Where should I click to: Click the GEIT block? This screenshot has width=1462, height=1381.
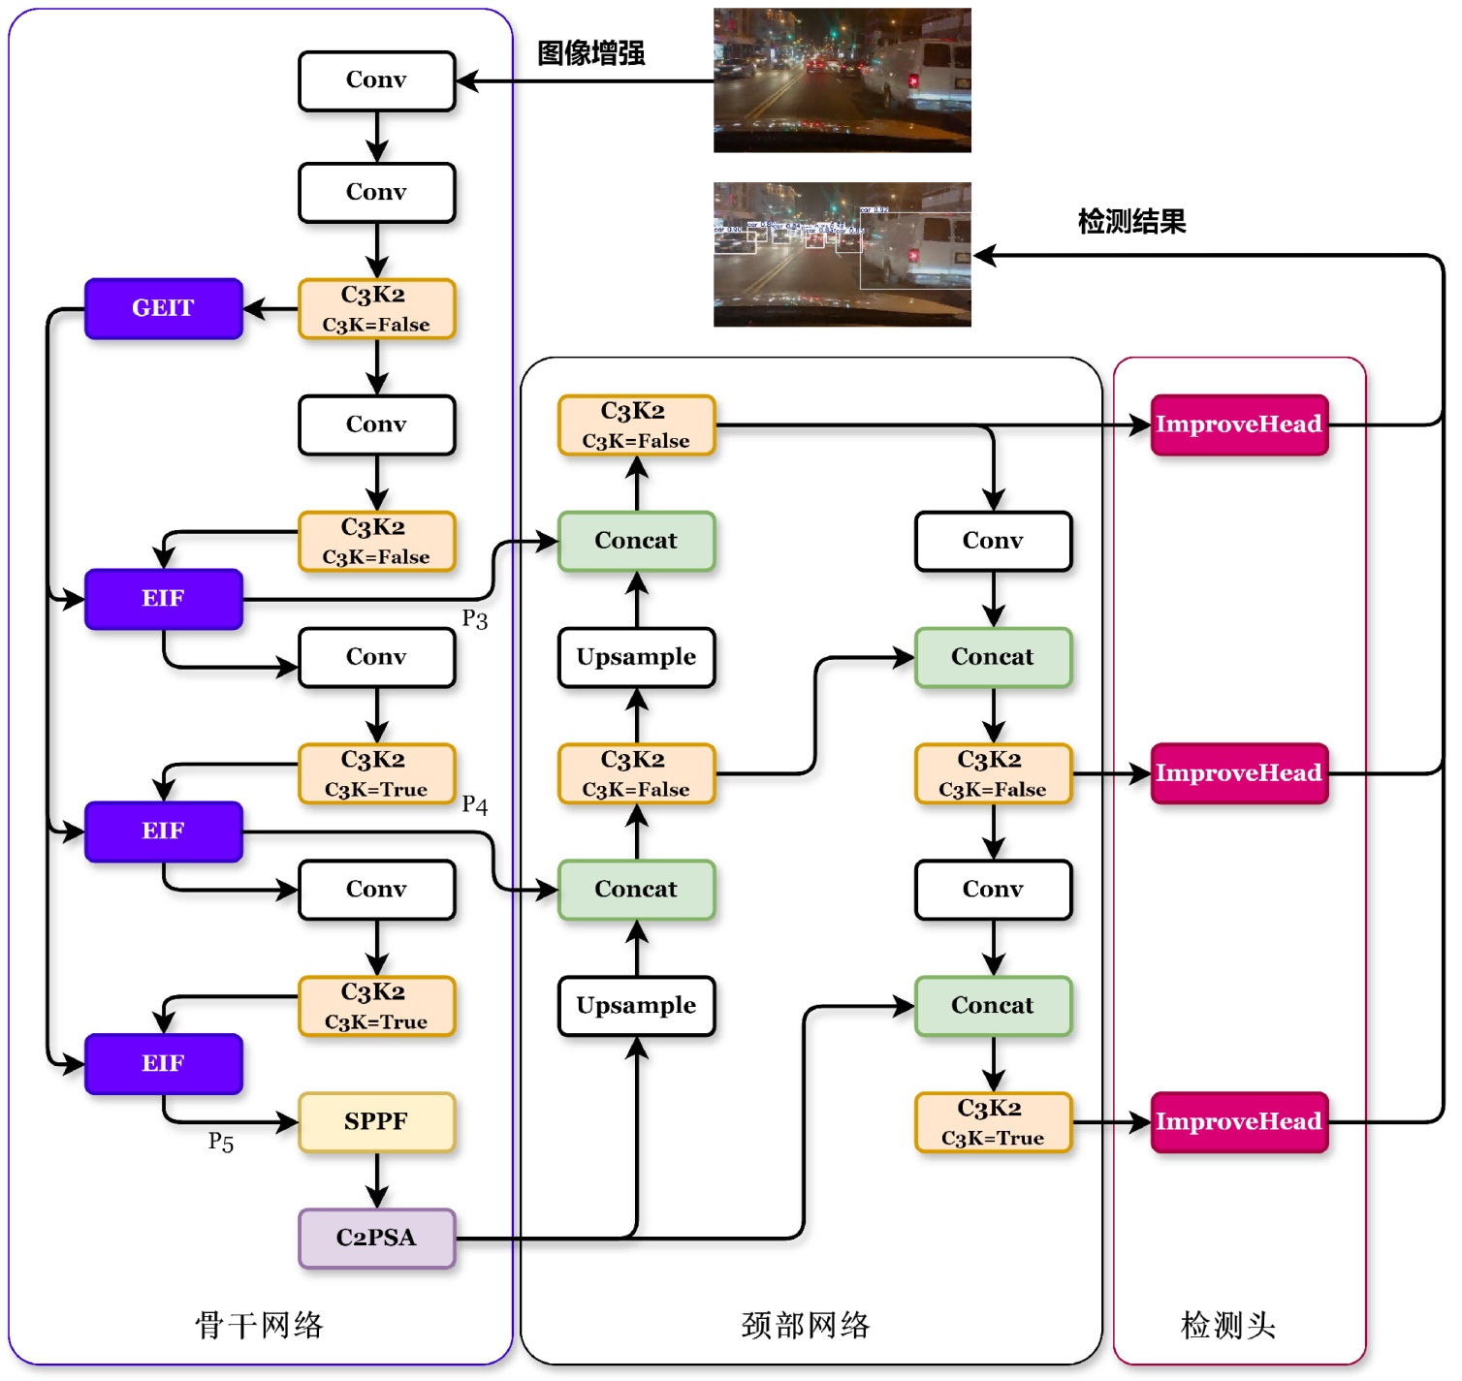click(x=163, y=308)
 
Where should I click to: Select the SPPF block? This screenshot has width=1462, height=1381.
click(x=376, y=1121)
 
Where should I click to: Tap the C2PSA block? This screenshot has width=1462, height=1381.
click(x=376, y=1238)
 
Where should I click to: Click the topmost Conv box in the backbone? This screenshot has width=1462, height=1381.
click(x=376, y=80)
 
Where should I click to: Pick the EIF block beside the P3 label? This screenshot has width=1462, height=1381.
click(x=163, y=599)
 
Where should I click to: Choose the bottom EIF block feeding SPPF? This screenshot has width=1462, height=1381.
click(x=163, y=1063)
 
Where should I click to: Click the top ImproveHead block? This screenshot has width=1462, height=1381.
click(x=1238, y=424)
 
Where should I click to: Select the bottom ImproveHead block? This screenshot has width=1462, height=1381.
click(x=1238, y=1121)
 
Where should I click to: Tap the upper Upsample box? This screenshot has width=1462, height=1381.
click(x=636, y=657)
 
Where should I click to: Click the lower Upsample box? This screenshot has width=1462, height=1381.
click(x=636, y=1005)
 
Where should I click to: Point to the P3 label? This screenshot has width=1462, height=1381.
click(x=474, y=619)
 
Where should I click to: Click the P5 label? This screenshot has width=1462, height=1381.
click(x=221, y=1143)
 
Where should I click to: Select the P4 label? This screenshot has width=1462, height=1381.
click(x=474, y=805)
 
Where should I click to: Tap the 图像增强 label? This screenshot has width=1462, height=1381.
click(x=591, y=53)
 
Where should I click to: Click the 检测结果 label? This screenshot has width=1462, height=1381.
click(x=1131, y=222)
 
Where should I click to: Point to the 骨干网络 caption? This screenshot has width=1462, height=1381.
click(x=259, y=1325)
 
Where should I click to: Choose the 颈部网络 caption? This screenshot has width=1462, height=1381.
click(x=806, y=1325)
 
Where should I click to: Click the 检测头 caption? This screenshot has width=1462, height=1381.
click(x=1227, y=1325)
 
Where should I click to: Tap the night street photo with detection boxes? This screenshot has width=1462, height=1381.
click(x=842, y=255)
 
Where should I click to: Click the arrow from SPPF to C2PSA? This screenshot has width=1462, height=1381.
click(x=376, y=1180)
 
